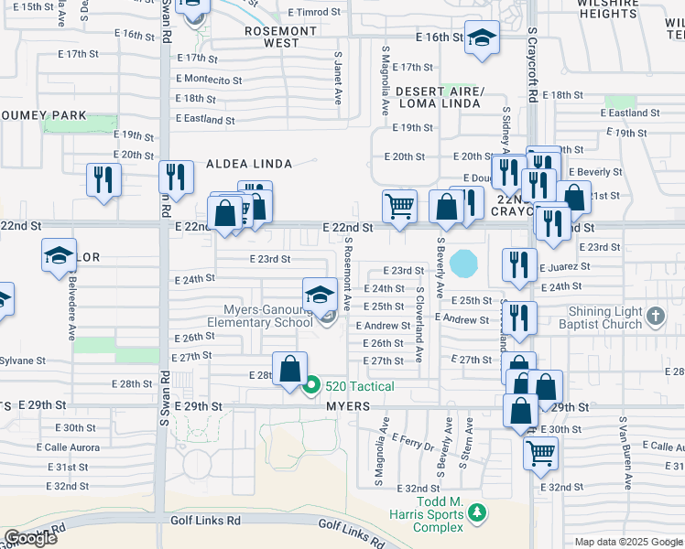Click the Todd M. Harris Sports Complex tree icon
click(x=474, y=516)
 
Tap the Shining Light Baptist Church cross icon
click(x=654, y=317)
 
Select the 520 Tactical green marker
click(x=311, y=386)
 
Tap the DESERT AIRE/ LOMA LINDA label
click(x=438, y=97)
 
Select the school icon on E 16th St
click(x=481, y=39)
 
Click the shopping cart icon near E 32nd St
click(x=540, y=451)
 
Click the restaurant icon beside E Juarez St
click(x=519, y=264)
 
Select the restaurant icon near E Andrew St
click(x=518, y=317)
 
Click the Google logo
click(x=29, y=538)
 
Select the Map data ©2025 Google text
click(x=628, y=542)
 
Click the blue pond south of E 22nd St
click(x=464, y=264)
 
